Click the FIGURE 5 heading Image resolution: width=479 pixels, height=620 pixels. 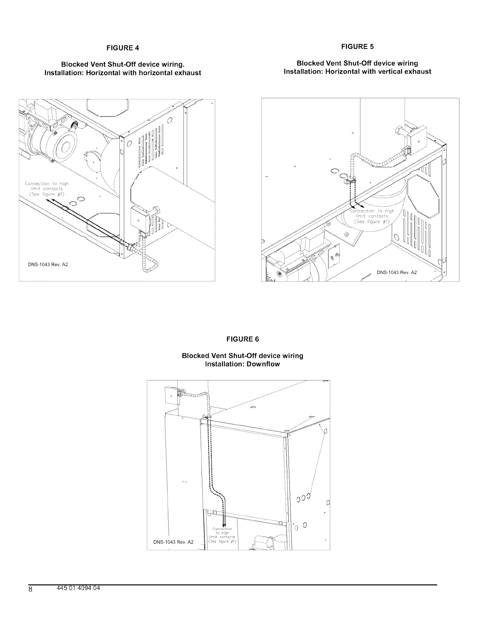tap(357, 47)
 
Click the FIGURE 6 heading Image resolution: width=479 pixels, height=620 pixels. tap(243, 339)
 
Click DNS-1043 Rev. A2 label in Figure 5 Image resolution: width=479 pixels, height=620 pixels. tap(397, 273)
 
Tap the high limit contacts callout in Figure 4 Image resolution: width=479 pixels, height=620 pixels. tap(46, 189)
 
